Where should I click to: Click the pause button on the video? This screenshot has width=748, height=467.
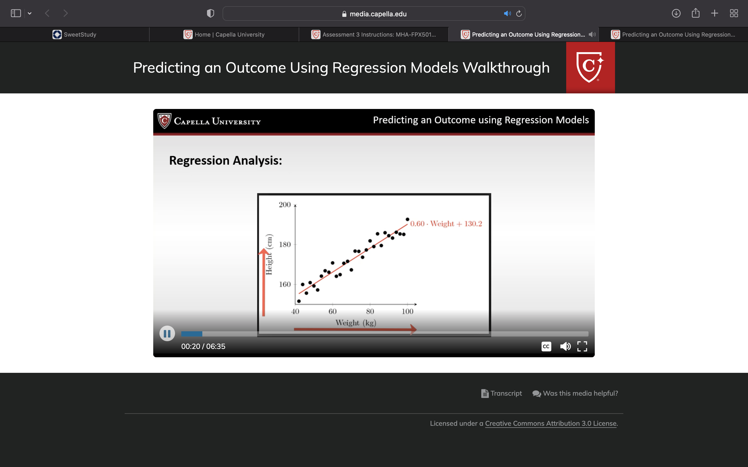click(x=167, y=334)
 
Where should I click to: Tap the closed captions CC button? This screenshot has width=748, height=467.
click(x=546, y=346)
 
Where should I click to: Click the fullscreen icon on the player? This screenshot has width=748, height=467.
click(x=582, y=346)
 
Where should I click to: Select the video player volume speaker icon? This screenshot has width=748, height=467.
click(x=565, y=346)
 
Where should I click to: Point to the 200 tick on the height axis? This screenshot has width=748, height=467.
click(x=285, y=204)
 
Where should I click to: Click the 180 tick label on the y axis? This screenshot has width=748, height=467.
click(x=285, y=244)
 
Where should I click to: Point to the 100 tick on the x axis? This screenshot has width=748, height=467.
click(x=408, y=311)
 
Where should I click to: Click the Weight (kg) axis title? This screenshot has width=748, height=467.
click(x=356, y=323)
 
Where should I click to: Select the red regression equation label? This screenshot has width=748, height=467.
click(x=446, y=224)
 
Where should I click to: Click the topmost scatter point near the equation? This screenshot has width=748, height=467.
click(x=408, y=219)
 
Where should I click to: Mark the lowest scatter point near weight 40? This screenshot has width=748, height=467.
click(x=299, y=301)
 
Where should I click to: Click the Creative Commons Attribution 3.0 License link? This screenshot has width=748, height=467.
click(x=551, y=423)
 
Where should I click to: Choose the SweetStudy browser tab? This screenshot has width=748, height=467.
click(x=75, y=35)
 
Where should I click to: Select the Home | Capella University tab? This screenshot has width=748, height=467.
click(x=224, y=35)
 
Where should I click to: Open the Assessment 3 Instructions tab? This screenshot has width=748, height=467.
click(x=374, y=35)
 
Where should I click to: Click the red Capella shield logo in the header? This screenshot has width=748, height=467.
click(x=590, y=67)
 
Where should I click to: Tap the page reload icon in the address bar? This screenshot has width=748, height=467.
click(x=519, y=13)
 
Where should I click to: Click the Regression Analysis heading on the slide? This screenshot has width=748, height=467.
click(x=226, y=161)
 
